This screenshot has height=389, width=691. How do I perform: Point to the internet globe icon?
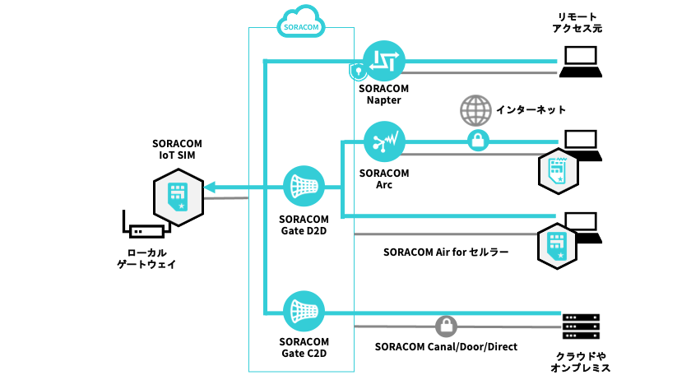click(475, 110)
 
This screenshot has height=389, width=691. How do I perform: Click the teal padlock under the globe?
click(478, 141)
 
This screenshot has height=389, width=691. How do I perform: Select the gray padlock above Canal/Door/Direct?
click(445, 326)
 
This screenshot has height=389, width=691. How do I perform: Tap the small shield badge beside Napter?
click(358, 72)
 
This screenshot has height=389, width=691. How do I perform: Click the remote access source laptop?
click(581, 62)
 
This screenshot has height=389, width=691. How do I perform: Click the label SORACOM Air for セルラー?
click(446, 252)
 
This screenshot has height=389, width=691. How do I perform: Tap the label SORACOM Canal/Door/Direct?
click(446, 347)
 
